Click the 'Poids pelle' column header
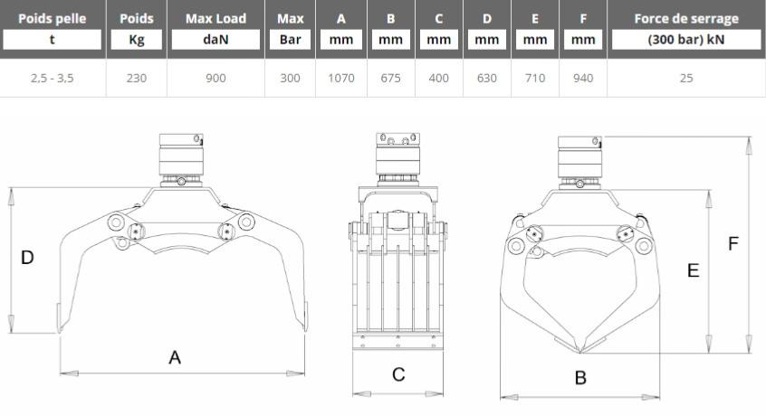[x=53, y=18]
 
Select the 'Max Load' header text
[x=215, y=18]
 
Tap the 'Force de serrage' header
[x=686, y=18]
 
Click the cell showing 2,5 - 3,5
[x=53, y=78]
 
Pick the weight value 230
[x=137, y=78]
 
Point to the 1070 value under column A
[x=341, y=78]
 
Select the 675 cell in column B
[x=391, y=78]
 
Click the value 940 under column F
[x=583, y=78]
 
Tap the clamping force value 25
[x=686, y=78]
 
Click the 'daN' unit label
[x=215, y=40]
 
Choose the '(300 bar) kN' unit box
[x=686, y=40]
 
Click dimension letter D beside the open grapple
[x=27, y=258]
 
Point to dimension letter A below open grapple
[x=175, y=357]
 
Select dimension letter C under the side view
[x=398, y=374]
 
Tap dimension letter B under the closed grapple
[x=580, y=377]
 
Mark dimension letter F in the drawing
[x=732, y=244]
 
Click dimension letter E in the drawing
[x=693, y=270]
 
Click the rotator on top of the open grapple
[x=181, y=160]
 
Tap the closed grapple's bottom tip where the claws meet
[x=579, y=351]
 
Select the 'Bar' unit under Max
[x=290, y=40]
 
